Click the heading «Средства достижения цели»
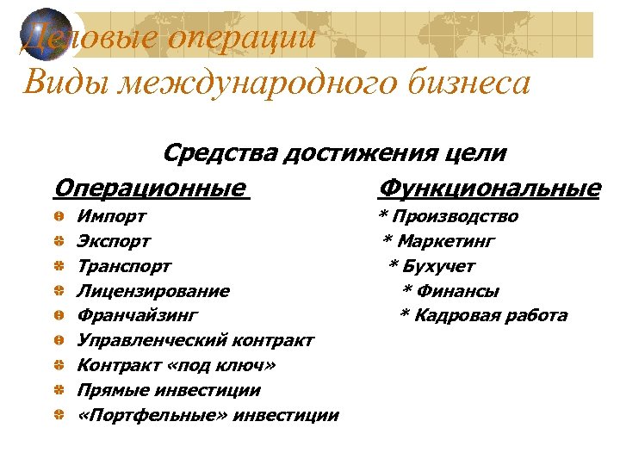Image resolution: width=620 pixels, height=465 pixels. coord(334,153)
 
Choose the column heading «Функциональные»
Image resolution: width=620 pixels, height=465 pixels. coord(489,187)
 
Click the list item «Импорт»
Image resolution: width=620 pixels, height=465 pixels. coord(111,216)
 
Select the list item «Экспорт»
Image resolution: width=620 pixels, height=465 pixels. coord(114,241)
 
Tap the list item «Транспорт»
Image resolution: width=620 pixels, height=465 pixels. coord(124,266)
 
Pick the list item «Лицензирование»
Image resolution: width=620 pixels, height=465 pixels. coord(153,291)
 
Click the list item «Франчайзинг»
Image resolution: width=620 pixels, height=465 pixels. coord(138,316)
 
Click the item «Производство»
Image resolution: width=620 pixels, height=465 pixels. coord(456,216)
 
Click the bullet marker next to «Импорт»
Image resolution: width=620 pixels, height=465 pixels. coord(57,216)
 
